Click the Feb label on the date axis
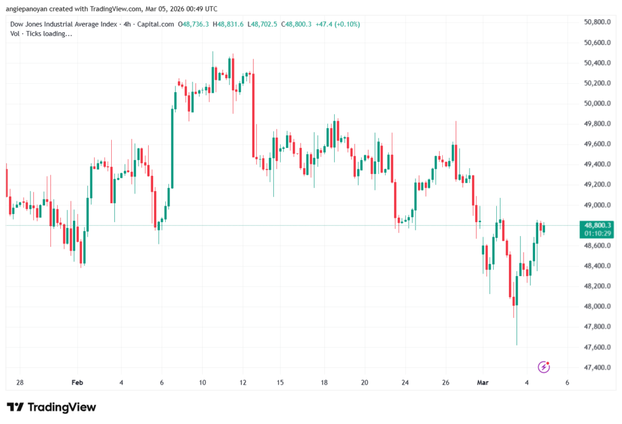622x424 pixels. [x=77, y=383]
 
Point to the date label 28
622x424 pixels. [x=20, y=383]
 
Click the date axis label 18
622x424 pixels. [x=324, y=383]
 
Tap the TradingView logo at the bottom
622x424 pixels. [x=51, y=407]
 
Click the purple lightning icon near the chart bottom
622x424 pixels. [x=544, y=366]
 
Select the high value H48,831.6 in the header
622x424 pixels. [x=228, y=24]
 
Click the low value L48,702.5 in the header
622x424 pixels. [x=262, y=24]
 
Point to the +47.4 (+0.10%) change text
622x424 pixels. [x=337, y=24]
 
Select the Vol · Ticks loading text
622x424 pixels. [x=41, y=34]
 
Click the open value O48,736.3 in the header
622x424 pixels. [x=194, y=24]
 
